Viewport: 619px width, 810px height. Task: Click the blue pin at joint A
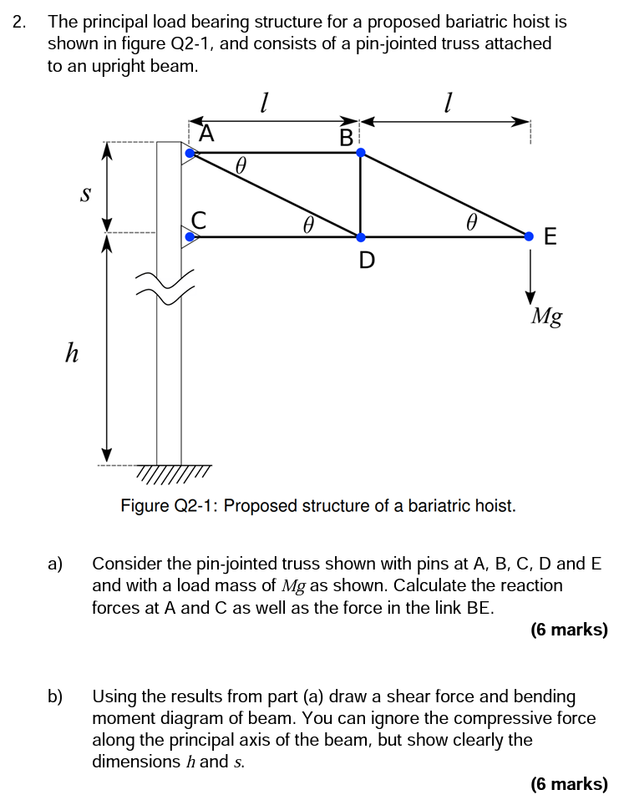point(190,153)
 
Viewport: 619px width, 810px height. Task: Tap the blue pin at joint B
point(360,153)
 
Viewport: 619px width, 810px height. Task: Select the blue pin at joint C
point(190,237)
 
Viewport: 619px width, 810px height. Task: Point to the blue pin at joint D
point(360,237)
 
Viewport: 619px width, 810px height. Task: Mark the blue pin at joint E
point(530,237)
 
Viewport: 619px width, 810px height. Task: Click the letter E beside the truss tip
point(550,237)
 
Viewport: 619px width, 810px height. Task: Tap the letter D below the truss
point(366,261)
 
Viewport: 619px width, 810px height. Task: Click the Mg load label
point(547,316)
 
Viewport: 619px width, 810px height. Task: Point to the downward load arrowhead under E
point(530,297)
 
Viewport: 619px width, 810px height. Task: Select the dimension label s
point(84,194)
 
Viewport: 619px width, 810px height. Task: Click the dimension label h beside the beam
point(73,353)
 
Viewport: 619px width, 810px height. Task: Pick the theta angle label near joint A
point(241,166)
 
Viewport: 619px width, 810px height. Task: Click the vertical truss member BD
point(360,195)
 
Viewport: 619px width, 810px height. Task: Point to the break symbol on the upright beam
point(170,287)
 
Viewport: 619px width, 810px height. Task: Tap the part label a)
point(55,564)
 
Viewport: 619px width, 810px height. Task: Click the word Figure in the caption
point(144,506)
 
